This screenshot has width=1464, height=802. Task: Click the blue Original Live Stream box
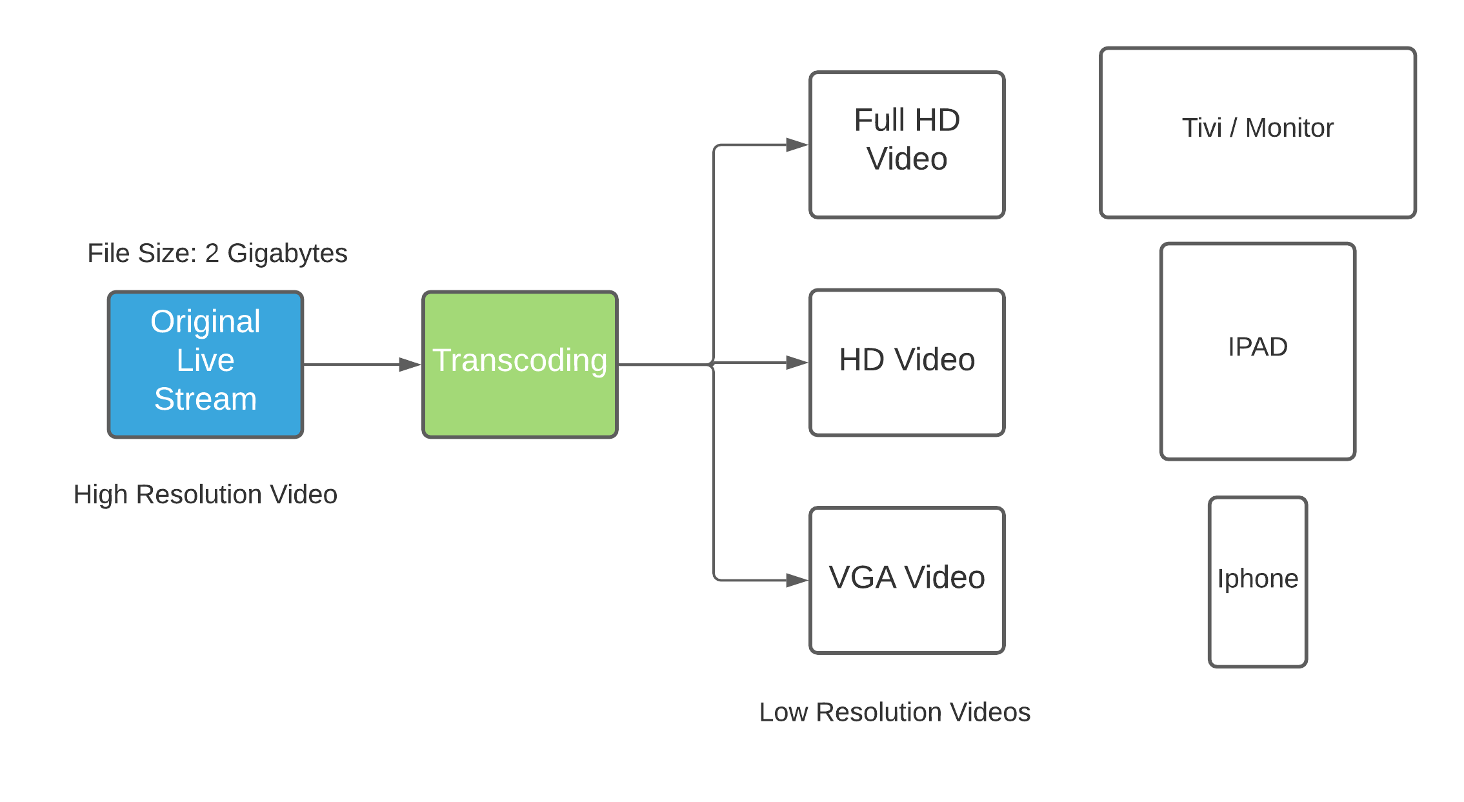tap(205, 365)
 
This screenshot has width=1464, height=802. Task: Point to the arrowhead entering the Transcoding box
tap(410, 365)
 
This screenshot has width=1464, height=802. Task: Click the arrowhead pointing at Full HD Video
tap(797, 145)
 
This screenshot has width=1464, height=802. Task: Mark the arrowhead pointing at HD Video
tap(797, 363)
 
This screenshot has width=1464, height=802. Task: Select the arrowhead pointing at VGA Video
tap(797, 580)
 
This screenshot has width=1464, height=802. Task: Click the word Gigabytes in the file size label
tap(287, 254)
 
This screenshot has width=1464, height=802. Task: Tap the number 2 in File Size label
tap(212, 254)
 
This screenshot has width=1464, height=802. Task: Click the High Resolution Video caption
tap(205, 495)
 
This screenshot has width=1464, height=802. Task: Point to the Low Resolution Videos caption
tap(894, 712)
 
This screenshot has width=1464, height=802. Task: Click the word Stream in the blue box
tap(205, 399)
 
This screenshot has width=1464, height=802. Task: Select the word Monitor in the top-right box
tap(1289, 128)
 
